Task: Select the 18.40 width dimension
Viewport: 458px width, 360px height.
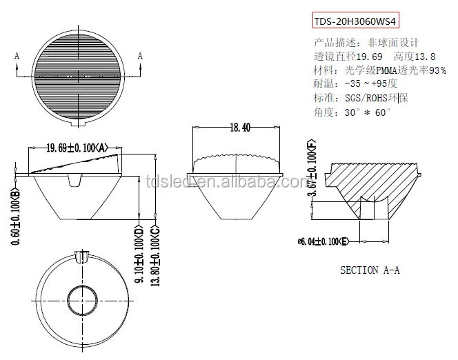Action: pos(237,126)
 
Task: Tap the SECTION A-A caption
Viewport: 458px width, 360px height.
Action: pos(370,270)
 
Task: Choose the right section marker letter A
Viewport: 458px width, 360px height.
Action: pos(140,54)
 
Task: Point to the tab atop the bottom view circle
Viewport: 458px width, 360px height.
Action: pos(82,257)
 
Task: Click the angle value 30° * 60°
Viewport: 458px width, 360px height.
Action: pos(366,112)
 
